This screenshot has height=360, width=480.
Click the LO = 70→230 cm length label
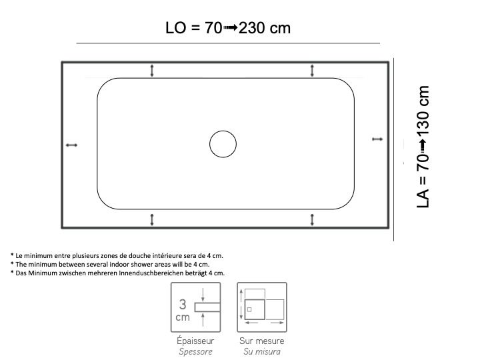click(228, 28)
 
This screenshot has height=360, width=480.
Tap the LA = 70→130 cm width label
click(423, 147)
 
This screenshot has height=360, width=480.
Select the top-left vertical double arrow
click(152, 71)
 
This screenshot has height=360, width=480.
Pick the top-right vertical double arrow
click(312, 71)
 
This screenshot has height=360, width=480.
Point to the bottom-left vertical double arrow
click(152, 220)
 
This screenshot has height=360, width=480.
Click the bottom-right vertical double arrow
click(312, 220)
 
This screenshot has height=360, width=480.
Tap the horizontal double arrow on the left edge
click(71, 145)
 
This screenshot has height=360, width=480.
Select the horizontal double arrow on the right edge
click(377, 139)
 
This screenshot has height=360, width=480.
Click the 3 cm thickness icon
click(195, 307)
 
